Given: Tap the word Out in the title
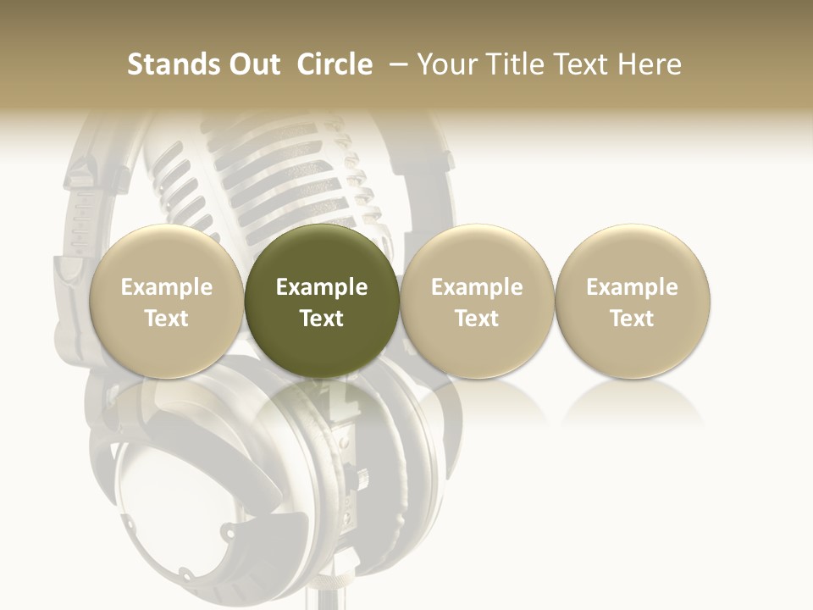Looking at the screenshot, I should [x=252, y=64].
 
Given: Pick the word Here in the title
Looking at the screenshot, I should [x=650, y=64].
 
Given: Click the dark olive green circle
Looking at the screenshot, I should [x=322, y=301].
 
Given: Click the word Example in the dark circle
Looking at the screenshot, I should [x=322, y=287].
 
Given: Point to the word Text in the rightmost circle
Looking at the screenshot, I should [x=633, y=319].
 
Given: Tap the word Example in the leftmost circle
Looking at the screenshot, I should [x=167, y=287].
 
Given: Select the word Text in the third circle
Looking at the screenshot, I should [x=477, y=319].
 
